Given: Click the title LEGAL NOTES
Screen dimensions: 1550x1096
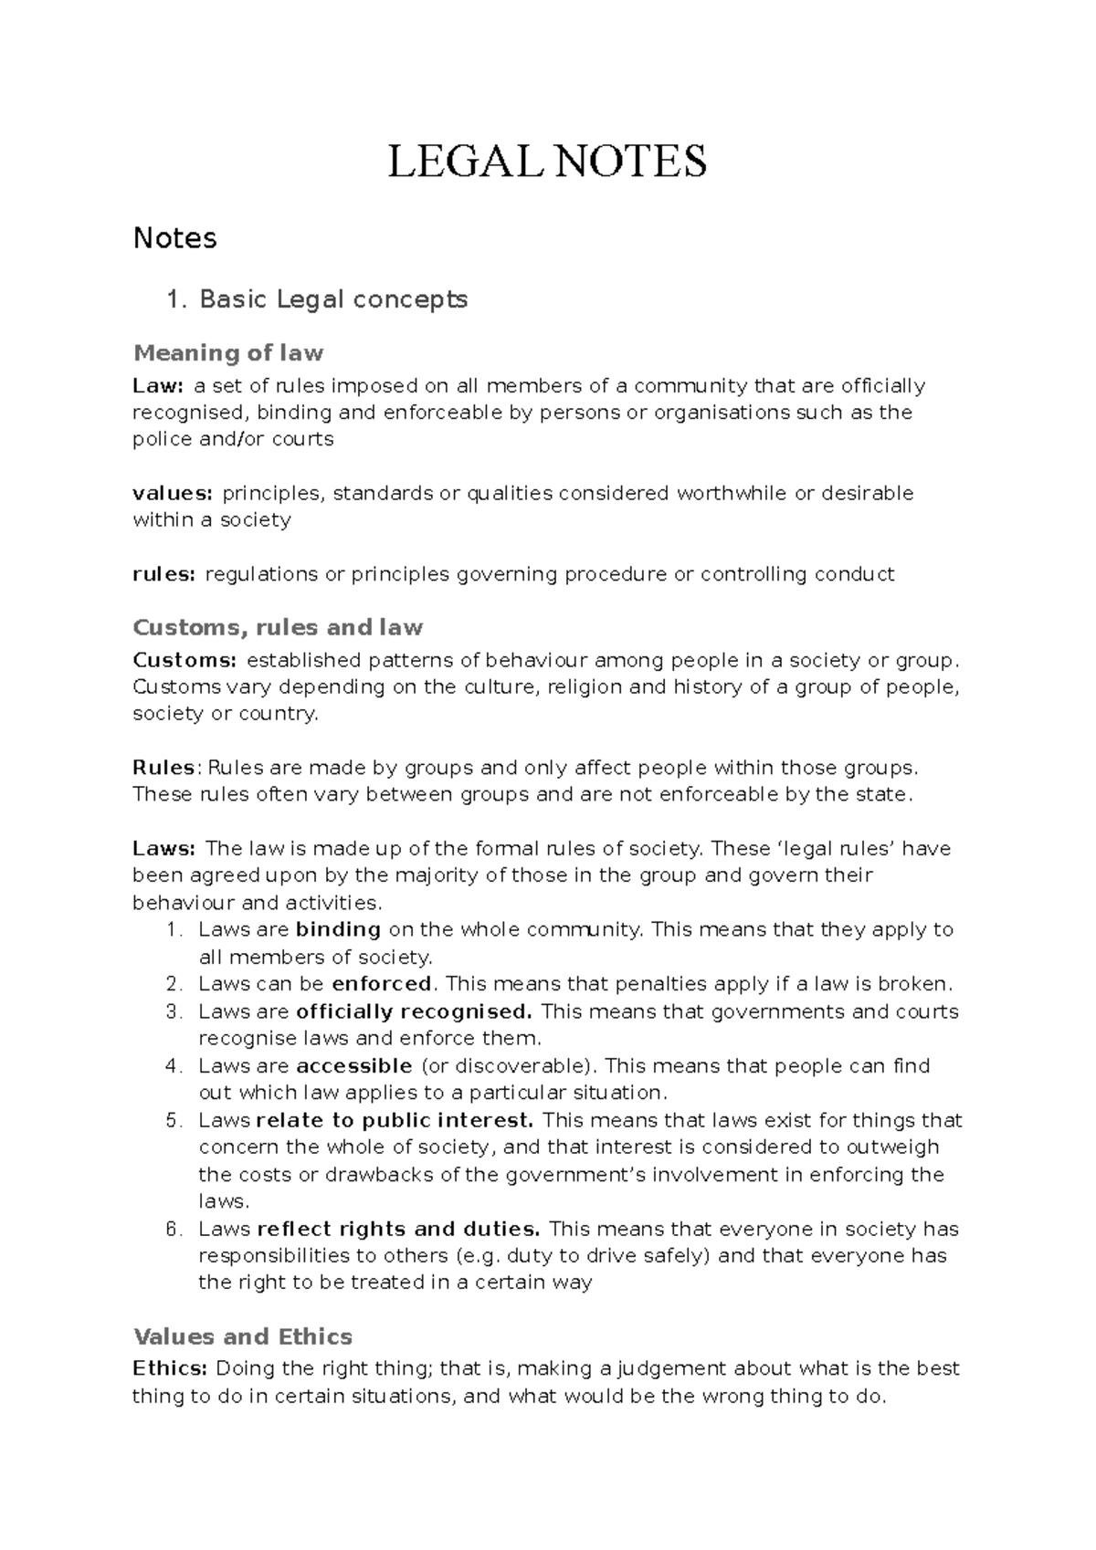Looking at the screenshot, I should tap(547, 162).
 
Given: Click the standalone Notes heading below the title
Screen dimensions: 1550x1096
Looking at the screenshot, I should tap(174, 238).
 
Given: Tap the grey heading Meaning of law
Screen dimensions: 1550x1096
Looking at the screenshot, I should tap(228, 352).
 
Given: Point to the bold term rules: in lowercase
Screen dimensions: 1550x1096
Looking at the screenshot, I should tap(164, 574).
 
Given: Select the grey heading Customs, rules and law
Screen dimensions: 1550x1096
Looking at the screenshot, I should tap(278, 628).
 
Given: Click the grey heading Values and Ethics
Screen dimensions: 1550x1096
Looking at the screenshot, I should tap(243, 1337).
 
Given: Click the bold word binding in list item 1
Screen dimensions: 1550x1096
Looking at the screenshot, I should tap(338, 930).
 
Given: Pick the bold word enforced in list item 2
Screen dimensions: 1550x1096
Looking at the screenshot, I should tap(382, 984).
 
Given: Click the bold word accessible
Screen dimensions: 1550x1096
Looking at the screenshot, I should tap(354, 1066).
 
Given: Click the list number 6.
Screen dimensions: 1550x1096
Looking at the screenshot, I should tap(172, 1229).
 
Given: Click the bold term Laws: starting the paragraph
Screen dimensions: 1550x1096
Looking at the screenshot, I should tap(164, 849).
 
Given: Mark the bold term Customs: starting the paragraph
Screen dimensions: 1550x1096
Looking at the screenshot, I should tap(185, 660).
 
